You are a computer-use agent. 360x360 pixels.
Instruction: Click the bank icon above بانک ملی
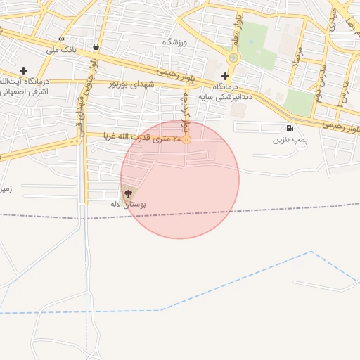click(x=61, y=39)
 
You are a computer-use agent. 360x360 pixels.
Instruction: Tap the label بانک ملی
click(x=61, y=50)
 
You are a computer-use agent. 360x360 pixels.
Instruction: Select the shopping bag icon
click(x=95, y=47)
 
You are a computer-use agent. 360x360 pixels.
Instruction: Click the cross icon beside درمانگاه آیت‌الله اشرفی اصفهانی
click(x=24, y=70)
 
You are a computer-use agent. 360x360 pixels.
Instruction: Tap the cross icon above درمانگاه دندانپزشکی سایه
click(x=225, y=76)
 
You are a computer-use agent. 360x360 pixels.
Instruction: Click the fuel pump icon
click(x=290, y=128)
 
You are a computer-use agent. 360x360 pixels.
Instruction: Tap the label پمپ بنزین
click(x=290, y=140)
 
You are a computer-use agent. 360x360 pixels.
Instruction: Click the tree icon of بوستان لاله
click(x=127, y=192)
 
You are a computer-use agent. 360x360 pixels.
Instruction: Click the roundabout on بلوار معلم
click(x=233, y=58)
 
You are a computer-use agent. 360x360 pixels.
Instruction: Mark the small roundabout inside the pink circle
click(x=187, y=141)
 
